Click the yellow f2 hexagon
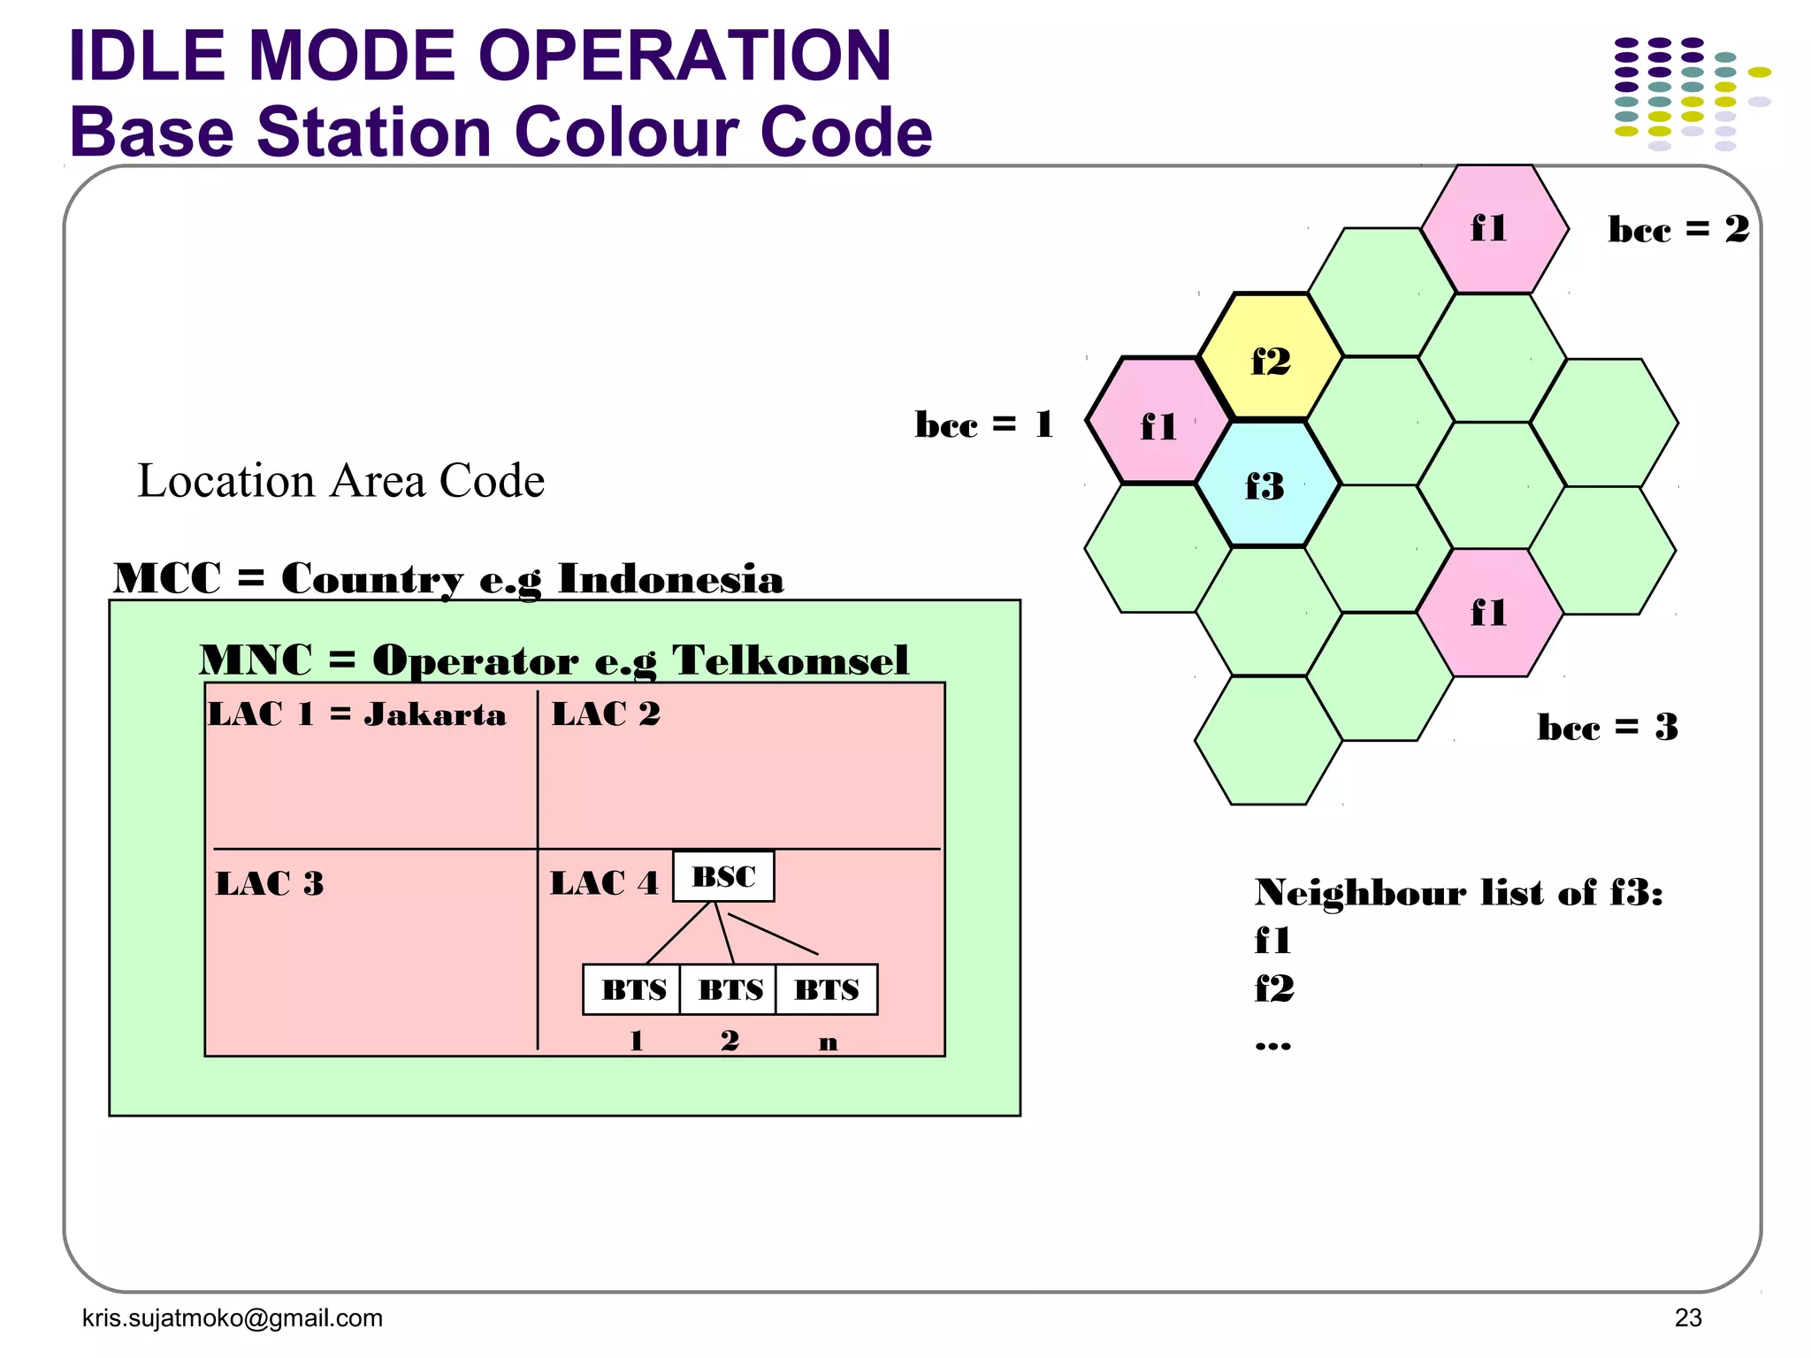[x=1271, y=357]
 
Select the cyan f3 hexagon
[x=1266, y=484]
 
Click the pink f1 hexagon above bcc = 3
[x=1489, y=612]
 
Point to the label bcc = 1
[x=983, y=424]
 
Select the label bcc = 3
[x=1607, y=728]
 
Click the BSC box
[x=723, y=877]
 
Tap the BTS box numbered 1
[x=633, y=989]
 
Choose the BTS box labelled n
[x=827, y=989]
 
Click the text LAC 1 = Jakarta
[x=357, y=714]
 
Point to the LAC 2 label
[x=606, y=714]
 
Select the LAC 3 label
[x=270, y=883]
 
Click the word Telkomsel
[x=790, y=660]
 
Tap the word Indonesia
[x=670, y=579]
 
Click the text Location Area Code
[x=341, y=481]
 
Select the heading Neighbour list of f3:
[x=1458, y=893]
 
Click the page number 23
[x=1687, y=1317]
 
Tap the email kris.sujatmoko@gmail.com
[x=233, y=1318]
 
